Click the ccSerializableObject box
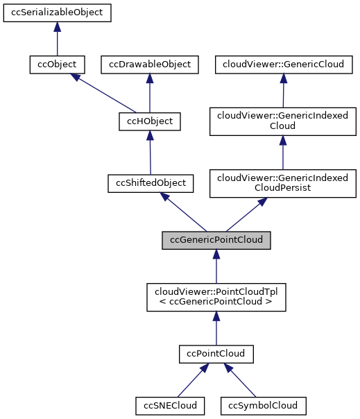coord(57,13)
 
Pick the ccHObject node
coord(150,122)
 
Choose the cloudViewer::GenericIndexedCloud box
coord(284,122)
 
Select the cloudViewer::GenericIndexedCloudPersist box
coord(284,182)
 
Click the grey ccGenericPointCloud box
coord(216,240)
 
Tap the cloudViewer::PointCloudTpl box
coord(216,296)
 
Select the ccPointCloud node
coord(216,354)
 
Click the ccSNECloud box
coord(166,404)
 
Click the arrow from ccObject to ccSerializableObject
coord(57,39)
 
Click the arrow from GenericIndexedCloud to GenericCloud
coord(284,90)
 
